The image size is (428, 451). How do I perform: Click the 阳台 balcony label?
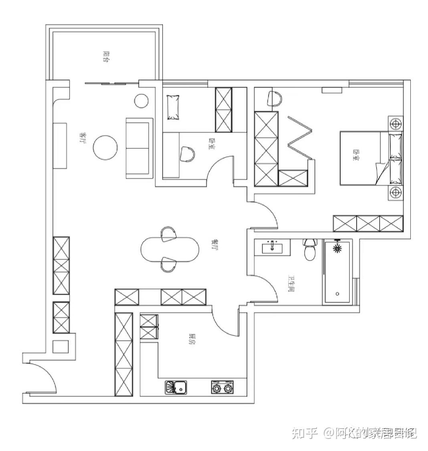tap(106, 56)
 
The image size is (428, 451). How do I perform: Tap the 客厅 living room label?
tap(83, 138)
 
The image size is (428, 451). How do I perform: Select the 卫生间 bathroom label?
tap(291, 283)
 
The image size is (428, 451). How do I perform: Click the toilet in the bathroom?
tap(309, 249)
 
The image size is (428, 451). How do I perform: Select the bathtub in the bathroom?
tap(338, 277)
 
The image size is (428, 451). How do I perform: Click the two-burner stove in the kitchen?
tap(222, 388)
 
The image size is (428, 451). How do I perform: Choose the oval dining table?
tap(170, 249)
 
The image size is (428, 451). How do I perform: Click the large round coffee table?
tap(105, 147)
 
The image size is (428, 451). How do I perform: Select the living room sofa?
tap(139, 148)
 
